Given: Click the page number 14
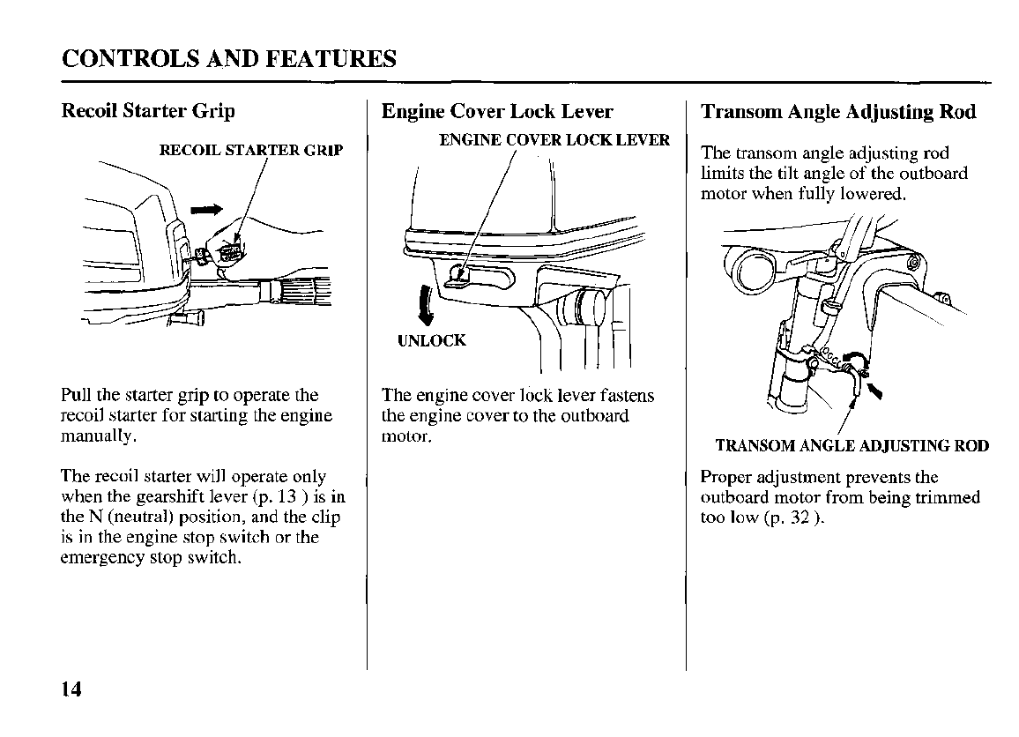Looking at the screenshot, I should [x=71, y=689].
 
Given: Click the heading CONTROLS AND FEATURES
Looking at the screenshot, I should [x=229, y=59].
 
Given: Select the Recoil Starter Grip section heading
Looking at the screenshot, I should [x=148, y=111].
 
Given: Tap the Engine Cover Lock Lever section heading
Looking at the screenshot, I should [x=497, y=112].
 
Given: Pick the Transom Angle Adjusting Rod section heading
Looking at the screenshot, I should [x=838, y=112].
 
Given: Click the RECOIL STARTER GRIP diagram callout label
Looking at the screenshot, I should [x=250, y=149].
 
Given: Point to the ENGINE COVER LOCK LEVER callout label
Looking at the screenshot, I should [x=554, y=140].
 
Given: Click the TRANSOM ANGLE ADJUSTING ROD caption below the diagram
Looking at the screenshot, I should [x=852, y=445].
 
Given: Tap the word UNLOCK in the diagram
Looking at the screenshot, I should [x=431, y=340].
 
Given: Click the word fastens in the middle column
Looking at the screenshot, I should [x=625, y=395].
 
